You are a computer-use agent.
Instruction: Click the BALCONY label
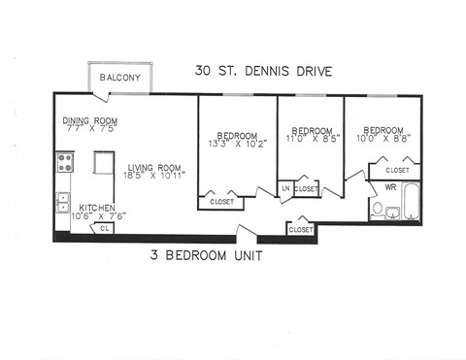118,78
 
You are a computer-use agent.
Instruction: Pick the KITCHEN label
99,209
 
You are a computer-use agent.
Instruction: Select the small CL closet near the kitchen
105,228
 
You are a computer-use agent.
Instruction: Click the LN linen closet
285,188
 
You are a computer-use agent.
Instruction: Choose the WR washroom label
389,185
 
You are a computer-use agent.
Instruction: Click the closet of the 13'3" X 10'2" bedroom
221,202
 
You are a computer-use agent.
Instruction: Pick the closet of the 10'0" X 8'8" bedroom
396,170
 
